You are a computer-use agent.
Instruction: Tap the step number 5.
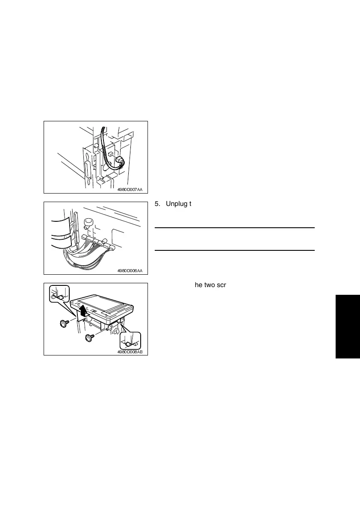point(156,204)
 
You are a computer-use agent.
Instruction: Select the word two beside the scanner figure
point(209,285)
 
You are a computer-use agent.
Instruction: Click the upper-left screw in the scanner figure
point(64,323)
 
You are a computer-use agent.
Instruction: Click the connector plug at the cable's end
point(120,162)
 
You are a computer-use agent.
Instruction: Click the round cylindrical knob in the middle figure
point(89,223)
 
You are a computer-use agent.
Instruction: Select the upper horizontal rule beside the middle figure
point(234,228)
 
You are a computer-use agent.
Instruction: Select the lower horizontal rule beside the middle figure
point(234,250)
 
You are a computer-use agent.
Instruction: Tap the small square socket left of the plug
point(110,153)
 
